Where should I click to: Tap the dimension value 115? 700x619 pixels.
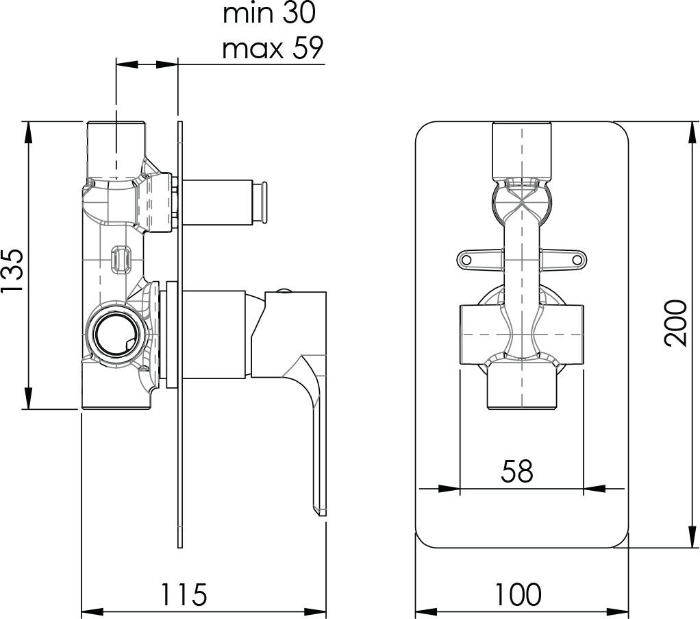coord(184,594)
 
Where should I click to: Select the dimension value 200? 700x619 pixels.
coord(675,323)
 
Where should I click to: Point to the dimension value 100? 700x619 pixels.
coord(517,594)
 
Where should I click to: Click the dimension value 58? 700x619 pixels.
coord(517,471)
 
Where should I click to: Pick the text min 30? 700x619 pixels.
coord(269,14)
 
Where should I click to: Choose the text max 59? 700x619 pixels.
coord(273,48)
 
